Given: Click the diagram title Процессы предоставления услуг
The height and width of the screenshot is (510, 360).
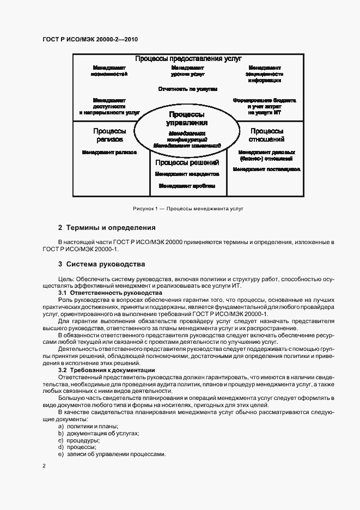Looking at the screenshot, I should pyautogui.click(x=188, y=59).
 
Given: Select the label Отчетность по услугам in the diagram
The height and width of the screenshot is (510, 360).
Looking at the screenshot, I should pyautogui.click(x=188, y=88).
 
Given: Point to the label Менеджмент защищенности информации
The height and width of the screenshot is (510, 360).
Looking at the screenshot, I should pyautogui.click(x=264, y=73).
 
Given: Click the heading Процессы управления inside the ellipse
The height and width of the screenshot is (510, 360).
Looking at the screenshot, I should pyautogui.click(x=187, y=119).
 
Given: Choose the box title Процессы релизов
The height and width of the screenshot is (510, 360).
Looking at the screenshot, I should pyautogui.click(x=109, y=135).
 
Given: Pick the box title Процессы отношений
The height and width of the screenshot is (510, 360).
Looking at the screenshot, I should pyautogui.click(x=266, y=135).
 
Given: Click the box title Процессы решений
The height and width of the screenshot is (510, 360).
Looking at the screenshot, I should pyautogui.click(x=187, y=162).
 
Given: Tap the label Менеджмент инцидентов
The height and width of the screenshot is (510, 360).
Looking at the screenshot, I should pyautogui.click(x=187, y=174).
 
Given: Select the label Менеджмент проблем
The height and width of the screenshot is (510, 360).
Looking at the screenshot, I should pyautogui.click(x=187, y=186).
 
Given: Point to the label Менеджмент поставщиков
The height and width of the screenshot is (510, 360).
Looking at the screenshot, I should pyautogui.click(x=266, y=169).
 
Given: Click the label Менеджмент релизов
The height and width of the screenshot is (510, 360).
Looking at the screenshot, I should pyautogui.click(x=109, y=153).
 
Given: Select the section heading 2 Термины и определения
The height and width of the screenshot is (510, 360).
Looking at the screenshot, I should pyautogui.click(x=107, y=228).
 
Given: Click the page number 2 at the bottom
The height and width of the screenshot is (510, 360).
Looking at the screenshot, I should pyautogui.click(x=44, y=466).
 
